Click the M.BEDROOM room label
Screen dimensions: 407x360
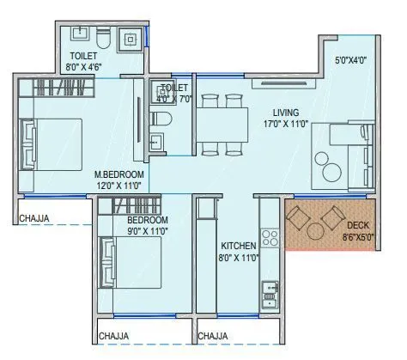tap(119, 174)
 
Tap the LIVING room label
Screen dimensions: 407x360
tap(286, 113)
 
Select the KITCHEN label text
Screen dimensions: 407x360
tap(239, 246)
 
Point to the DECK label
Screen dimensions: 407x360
tap(358, 225)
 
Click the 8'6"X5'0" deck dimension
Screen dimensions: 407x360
tap(358, 237)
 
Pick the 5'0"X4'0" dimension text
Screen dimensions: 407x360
tap(351, 60)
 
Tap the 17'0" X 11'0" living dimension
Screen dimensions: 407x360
tap(286, 124)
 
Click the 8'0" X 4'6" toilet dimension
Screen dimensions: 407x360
tap(84, 67)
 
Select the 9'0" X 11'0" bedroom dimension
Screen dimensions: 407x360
tap(148, 231)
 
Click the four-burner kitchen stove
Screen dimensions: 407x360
tap(270, 238)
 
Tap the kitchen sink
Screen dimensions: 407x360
tap(270, 294)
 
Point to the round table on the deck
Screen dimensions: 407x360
tap(315, 231)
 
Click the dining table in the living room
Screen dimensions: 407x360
tap(222, 125)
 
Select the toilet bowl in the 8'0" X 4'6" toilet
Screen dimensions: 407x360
tap(103, 38)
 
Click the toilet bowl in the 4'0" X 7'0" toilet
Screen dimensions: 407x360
tap(161, 119)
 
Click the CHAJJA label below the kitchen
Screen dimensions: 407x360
tap(213, 336)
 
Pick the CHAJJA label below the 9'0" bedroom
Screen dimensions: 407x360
tap(113, 336)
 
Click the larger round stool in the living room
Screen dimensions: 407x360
tap(332, 172)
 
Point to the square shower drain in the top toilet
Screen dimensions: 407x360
tap(131, 40)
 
